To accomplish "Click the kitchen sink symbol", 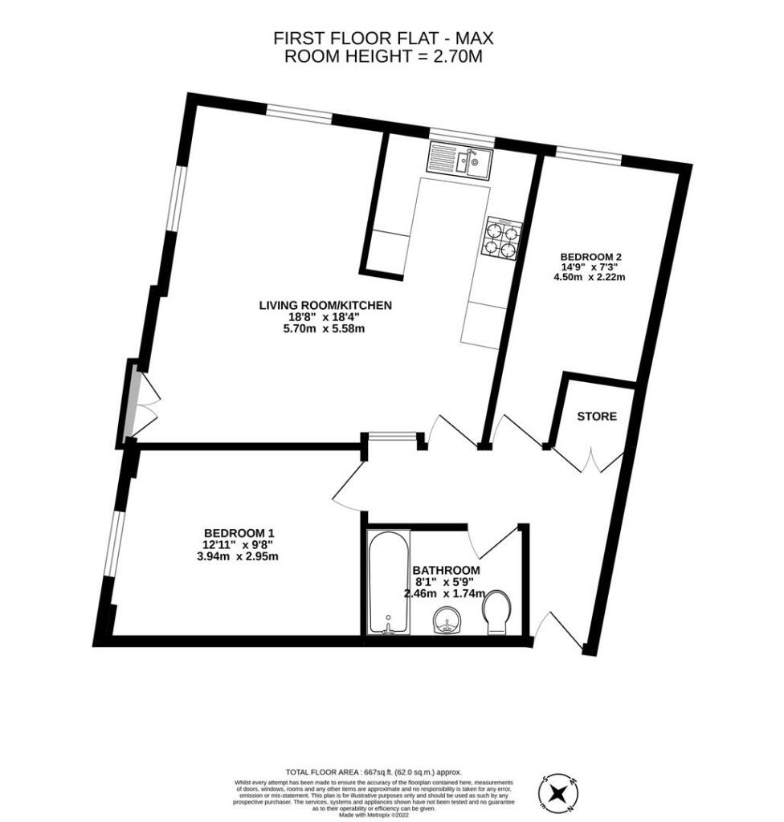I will (x=460, y=158).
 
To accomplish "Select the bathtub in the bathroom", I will (x=388, y=582).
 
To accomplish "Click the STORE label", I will (x=597, y=417).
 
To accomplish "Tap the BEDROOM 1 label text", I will (x=239, y=533).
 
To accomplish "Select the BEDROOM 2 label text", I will (x=591, y=258).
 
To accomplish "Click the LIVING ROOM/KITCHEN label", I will (x=325, y=305).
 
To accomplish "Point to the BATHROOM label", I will (x=445, y=571).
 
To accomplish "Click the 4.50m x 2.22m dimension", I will (x=590, y=278).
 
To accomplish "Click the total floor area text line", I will (x=379, y=771).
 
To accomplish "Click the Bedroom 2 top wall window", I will (x=588, y=157).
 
